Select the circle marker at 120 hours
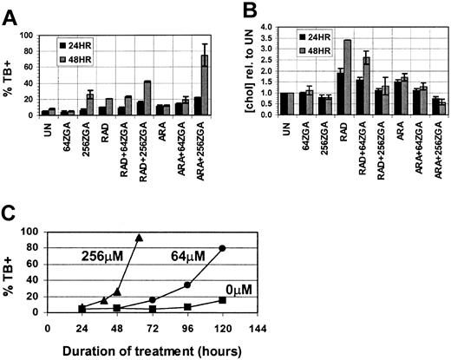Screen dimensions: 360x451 [x=222, y=249]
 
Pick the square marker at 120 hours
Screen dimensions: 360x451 [x=222, y=300]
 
